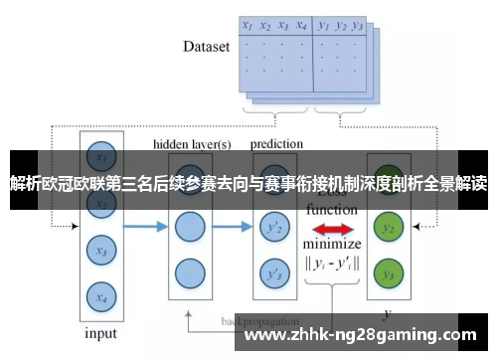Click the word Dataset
[x=206, y=46]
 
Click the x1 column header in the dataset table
[x=248, y=26]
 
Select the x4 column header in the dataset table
[x=300, y=26]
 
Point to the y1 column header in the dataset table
[x=323, y=26]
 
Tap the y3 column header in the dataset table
[x=359, y=26]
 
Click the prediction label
[x=277, y=144]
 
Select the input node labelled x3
[x=98, y=252]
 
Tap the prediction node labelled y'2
[x=272, y=230]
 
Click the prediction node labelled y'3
[x=272, y=272]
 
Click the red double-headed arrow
[x=331, y=230]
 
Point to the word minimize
[x=332, y=245]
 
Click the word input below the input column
[x=99, y=333]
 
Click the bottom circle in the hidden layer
[x=189, y=272]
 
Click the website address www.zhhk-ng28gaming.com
[x=359, y=335]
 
